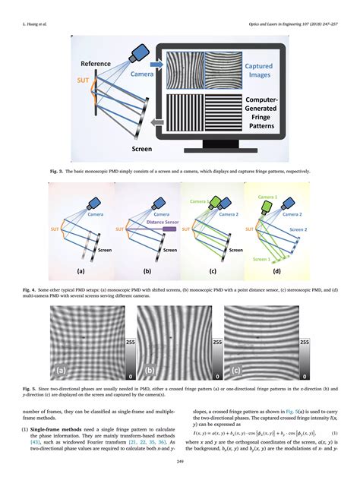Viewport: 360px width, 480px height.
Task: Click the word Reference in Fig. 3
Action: (x=96, y=66)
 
